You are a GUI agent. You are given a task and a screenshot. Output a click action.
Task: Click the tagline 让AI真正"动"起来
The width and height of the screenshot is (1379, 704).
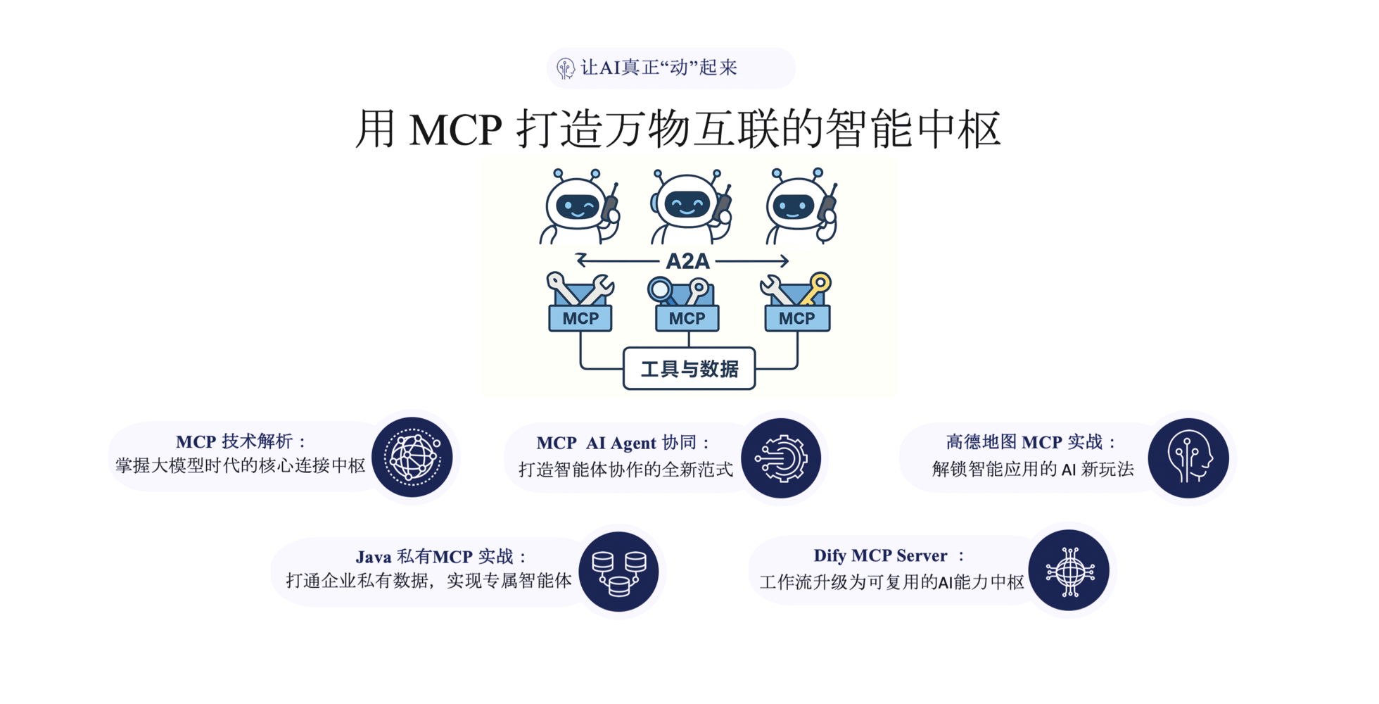click(659, 68)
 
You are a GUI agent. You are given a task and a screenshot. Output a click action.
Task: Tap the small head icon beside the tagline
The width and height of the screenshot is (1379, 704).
click(565, 68)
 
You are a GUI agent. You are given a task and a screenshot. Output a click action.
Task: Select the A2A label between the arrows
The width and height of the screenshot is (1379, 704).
click(687, 261)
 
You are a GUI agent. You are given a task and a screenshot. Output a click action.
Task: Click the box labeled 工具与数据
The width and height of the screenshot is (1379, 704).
click(689, 368)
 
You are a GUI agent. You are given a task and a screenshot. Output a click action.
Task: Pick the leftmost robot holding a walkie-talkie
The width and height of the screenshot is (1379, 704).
click(580, 206)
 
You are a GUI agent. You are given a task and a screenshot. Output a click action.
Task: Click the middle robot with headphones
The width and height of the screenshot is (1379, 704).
click(689, 206)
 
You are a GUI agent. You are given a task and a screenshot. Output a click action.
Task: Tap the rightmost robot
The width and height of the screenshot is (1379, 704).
click(801, 206)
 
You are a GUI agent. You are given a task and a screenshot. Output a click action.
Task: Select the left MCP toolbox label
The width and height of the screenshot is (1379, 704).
click(580, 318)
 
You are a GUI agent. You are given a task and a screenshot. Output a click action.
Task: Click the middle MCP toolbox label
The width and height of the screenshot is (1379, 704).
click(687, 318)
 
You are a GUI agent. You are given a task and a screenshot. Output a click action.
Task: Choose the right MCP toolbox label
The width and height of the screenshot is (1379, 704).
click(797, 318)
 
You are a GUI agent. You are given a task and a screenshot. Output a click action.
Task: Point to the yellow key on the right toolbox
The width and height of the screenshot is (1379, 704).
click(817, 287)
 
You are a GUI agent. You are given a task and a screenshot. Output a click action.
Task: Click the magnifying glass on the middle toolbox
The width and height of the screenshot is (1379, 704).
click(661, 289)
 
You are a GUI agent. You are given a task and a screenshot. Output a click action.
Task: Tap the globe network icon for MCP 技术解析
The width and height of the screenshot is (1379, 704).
click(412, 458)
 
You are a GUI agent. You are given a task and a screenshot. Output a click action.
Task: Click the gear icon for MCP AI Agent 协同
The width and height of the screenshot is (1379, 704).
click(782, 458)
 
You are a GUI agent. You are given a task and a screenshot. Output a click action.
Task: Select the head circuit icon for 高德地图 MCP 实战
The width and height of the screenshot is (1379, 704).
click(1188, 458)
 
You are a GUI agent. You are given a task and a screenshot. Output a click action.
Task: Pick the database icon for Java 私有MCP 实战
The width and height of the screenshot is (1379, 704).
click(618, 571)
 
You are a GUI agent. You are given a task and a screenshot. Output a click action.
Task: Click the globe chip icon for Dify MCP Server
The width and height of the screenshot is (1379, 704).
click(1069, 570)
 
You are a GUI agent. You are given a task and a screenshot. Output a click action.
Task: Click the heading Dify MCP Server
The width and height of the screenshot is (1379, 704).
click(880, 555)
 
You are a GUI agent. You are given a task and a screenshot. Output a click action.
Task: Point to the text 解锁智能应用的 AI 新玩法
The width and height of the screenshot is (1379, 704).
click(1033, 469)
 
